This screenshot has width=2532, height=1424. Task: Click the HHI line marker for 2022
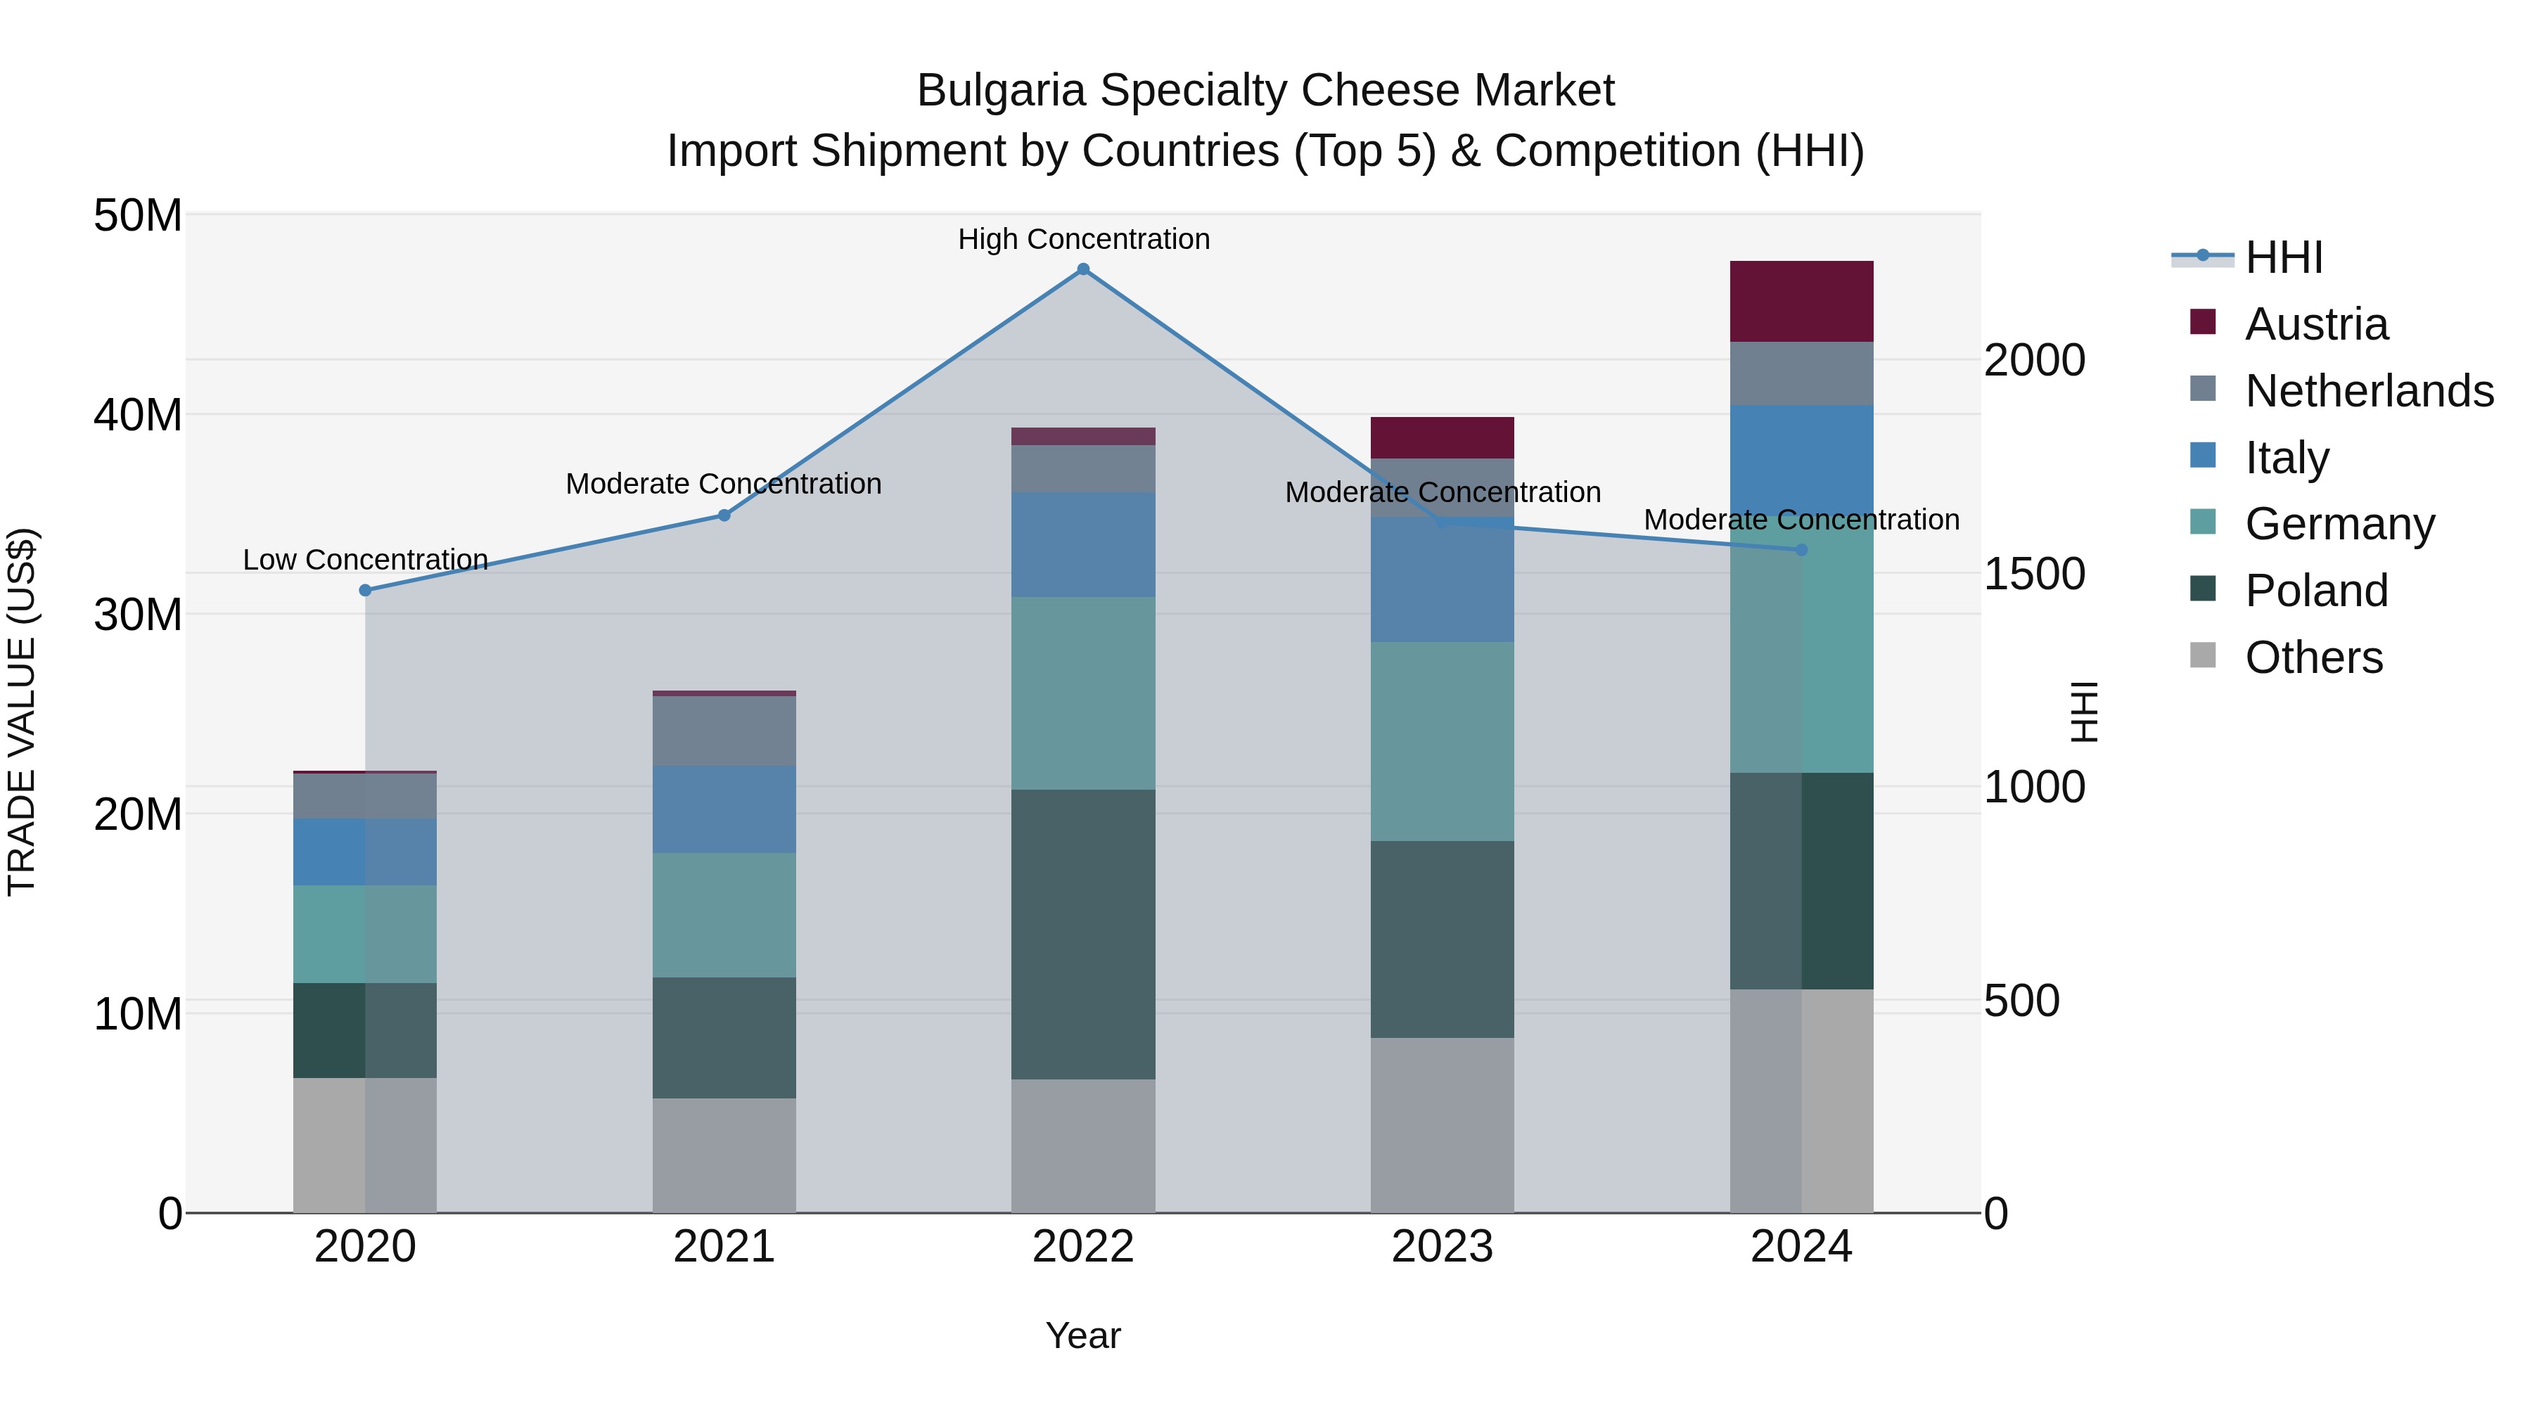1083,269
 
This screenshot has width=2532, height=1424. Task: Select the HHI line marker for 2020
364,591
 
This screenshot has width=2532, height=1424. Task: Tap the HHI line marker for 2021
724,515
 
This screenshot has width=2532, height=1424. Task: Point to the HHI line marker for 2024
1802,551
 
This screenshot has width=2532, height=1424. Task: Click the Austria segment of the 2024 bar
1802,302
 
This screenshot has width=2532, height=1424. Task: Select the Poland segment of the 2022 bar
1083,934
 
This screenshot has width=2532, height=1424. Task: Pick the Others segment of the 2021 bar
724,1155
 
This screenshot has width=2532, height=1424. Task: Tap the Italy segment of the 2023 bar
1442,580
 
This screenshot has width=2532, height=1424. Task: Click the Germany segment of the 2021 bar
724,915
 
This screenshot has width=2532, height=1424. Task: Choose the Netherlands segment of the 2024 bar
1802,373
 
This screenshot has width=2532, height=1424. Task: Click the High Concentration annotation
1083,239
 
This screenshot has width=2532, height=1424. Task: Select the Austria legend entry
2316,324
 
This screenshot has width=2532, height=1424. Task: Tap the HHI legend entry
2283,257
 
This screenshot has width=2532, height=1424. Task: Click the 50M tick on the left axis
138,215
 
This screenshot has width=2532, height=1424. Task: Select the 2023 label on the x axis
1442,1247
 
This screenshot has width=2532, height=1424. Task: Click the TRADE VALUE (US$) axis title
22,712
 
